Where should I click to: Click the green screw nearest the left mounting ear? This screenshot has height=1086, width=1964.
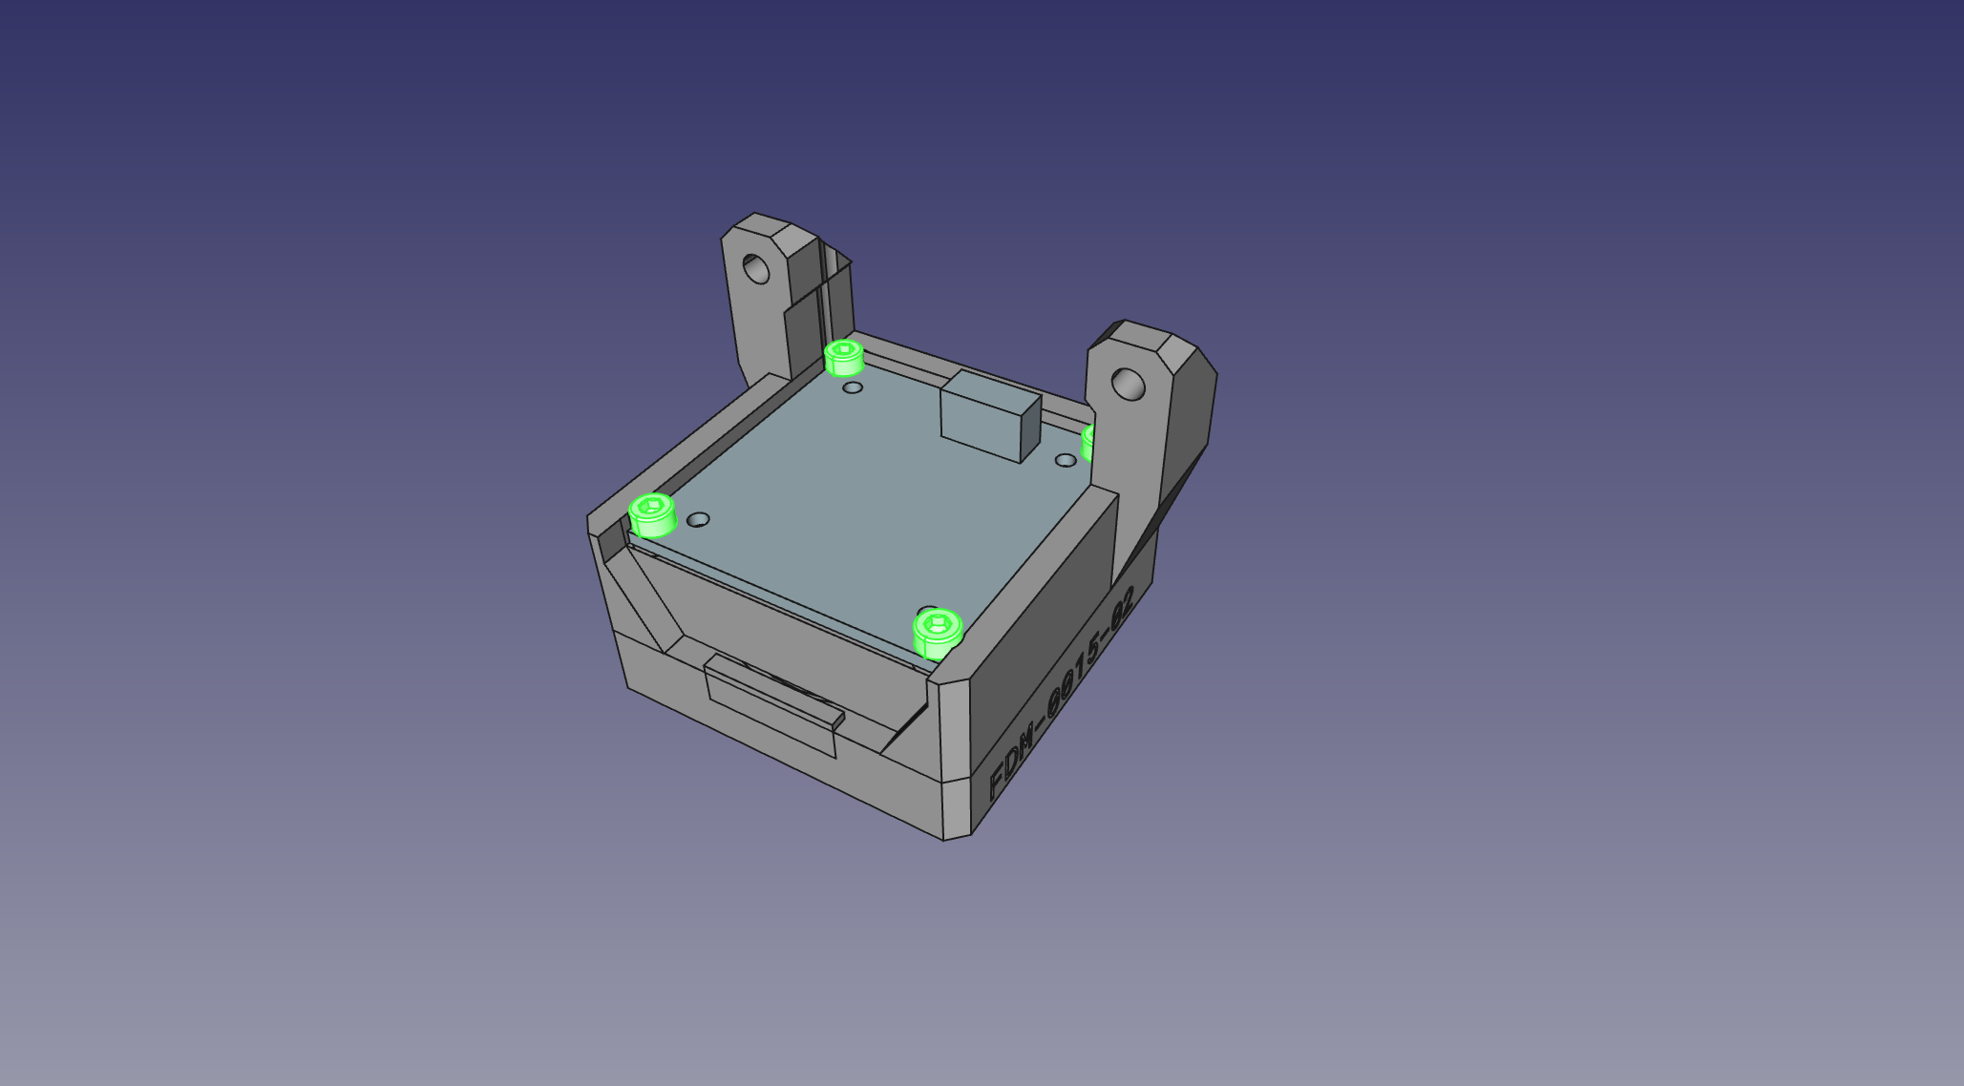tap(844, 357)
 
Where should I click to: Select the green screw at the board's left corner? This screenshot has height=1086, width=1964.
tap(653, 515)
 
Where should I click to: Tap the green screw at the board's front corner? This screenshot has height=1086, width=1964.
tap(938, 634)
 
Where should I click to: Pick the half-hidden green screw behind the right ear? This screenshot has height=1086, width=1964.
tap(1088, 444)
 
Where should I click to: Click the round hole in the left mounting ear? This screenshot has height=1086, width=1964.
tap(756, 268)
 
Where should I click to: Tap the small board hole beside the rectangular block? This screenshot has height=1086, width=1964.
tap(1066, 461)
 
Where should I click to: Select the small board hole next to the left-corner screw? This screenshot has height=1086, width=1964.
tap(699, 520)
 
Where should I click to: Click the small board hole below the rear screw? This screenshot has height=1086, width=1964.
tap(853, 388)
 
